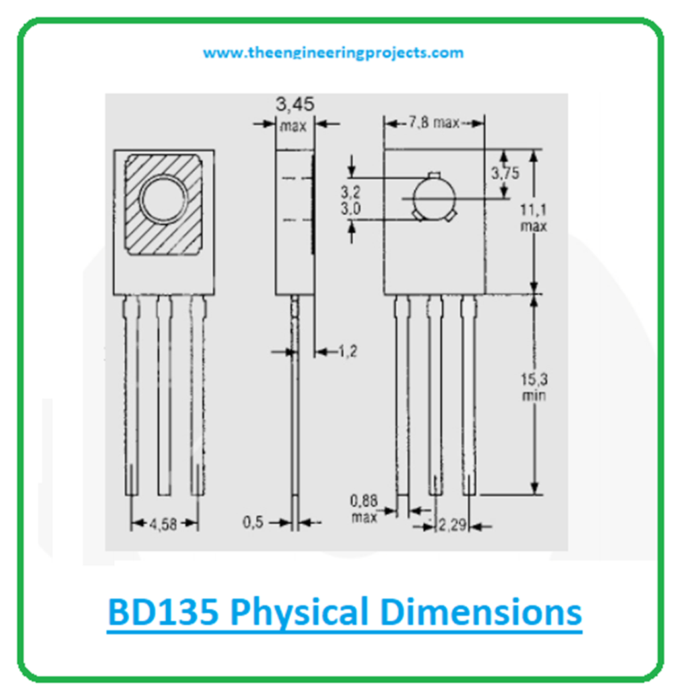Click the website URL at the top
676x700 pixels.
click(x=333, y=53)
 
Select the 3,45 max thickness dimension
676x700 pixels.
click(x=294, y=114)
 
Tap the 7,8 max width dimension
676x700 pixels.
click(x=433, y=123)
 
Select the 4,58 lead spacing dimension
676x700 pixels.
click(x=164, y=524)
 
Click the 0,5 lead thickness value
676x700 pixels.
click(x=253, y=522)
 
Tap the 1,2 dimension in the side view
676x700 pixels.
click(x=347, y=352)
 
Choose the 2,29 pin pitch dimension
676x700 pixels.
click(x=452, y=526)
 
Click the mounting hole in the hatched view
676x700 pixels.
click(x=164, y=200)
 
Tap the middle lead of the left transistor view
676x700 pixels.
click(x=164, y=396)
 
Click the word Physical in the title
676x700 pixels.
click(x=300, y=612)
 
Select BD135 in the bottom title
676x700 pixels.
click(x=162, y=612)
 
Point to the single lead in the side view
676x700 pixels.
click(x=295, y=409)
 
